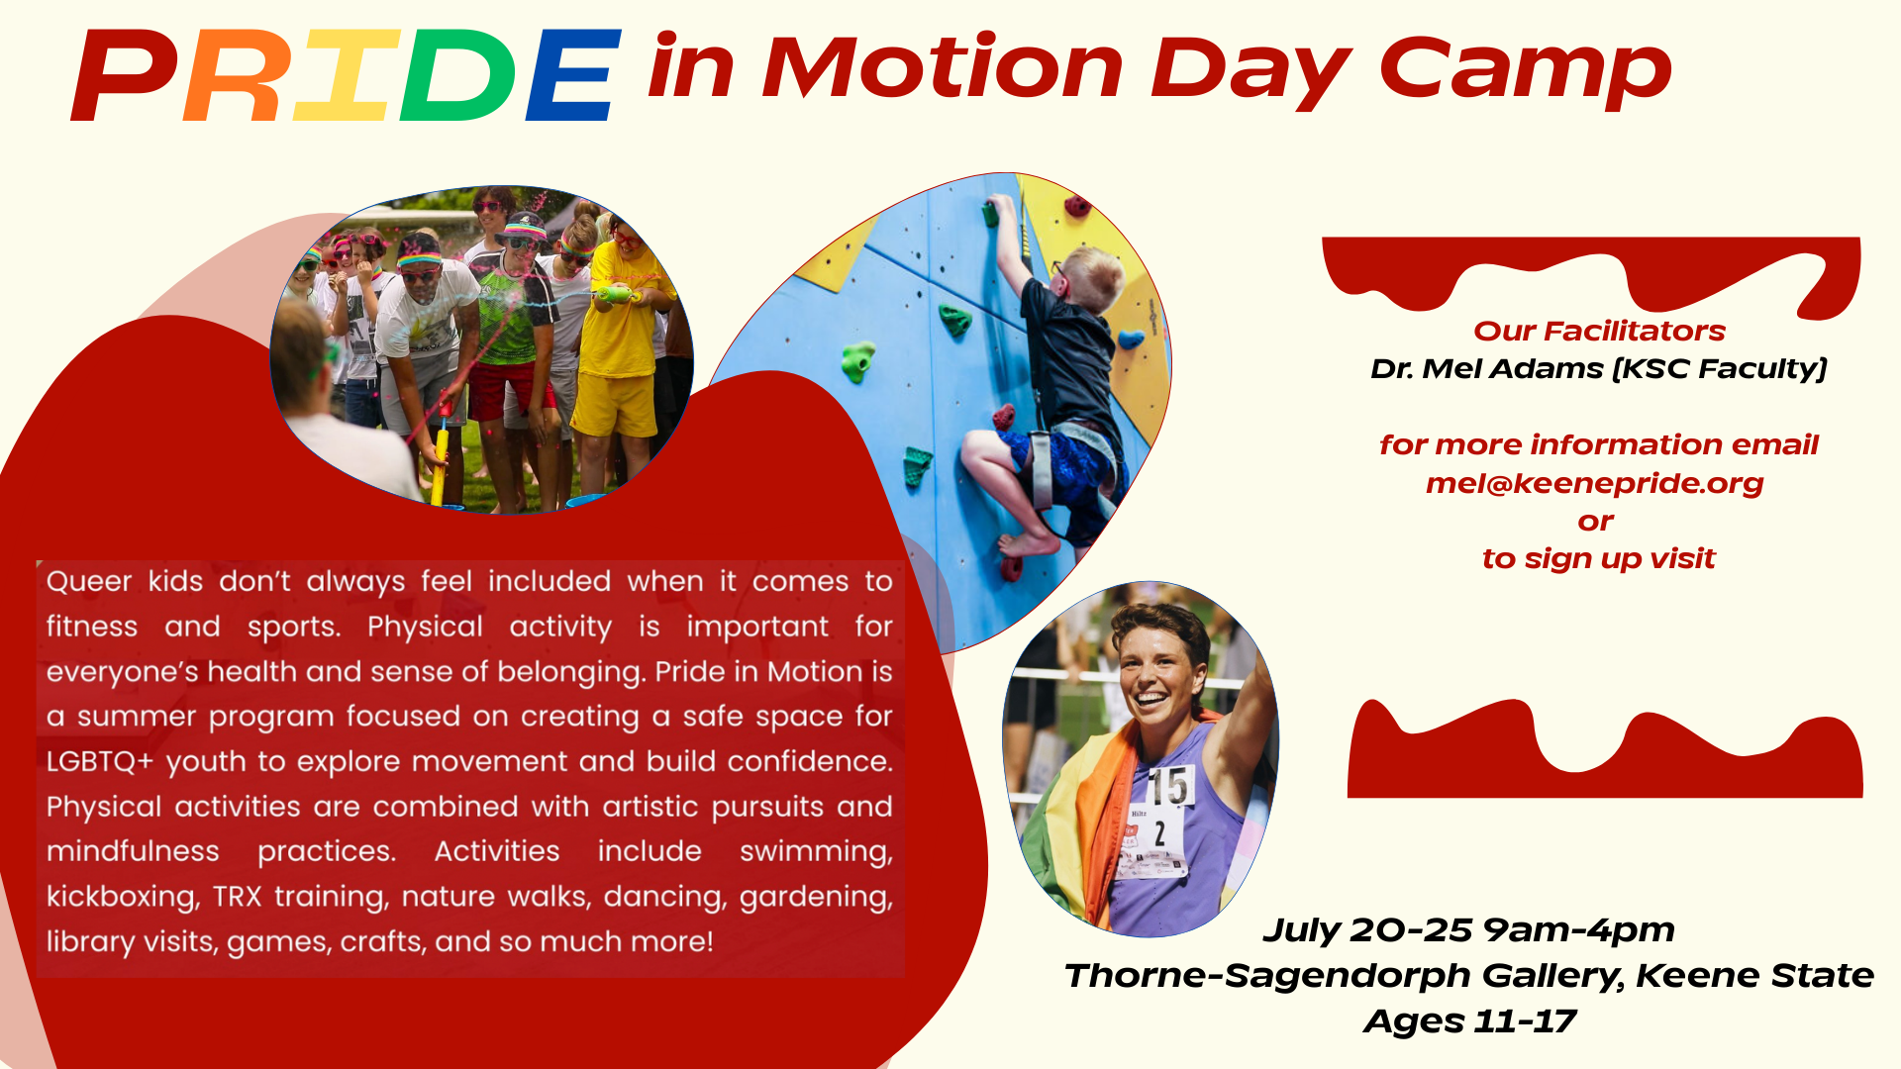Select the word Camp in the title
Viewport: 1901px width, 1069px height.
coord(1525,69)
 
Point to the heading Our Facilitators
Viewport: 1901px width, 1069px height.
coord(1598,331)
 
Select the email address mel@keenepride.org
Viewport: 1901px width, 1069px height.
coord(1594,483)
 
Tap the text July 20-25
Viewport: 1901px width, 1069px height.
coord(1367,930)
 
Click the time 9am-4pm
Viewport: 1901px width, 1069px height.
coord(1578,930)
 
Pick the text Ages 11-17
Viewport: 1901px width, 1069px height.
coord(1469,1021)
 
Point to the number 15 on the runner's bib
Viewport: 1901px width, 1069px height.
coord(1168,786)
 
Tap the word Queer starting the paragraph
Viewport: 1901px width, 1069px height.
coord(89,582)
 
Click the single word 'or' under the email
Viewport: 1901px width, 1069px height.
coord(1595,522)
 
